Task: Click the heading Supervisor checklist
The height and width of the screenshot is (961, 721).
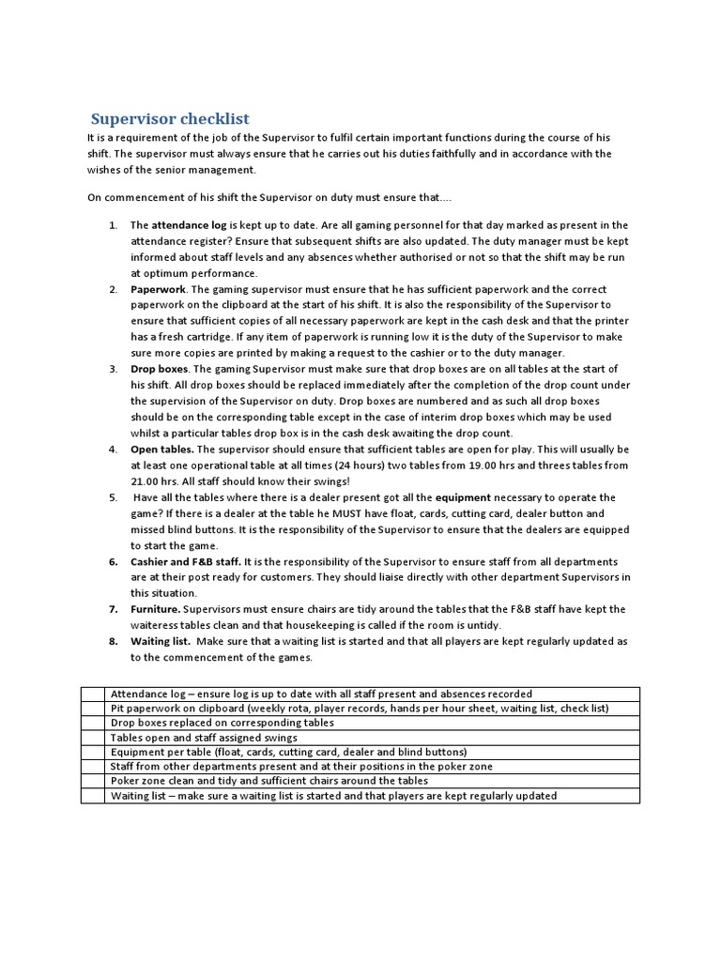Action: click(170, 118)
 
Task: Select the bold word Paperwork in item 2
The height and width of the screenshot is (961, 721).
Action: click(158, 289)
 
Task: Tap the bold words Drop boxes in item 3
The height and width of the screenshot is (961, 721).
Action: click(159, 369)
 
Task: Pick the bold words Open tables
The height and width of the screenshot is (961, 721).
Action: click(162, 449)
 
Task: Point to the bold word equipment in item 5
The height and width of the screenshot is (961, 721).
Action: click(460, 497)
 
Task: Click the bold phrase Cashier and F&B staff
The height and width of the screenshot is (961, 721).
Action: click(185, 561)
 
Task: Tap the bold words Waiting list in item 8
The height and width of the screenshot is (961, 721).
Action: click(161, 641)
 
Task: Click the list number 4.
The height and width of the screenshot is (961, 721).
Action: click(113, 449)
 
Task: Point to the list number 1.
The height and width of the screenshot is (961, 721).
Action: click(113, 225)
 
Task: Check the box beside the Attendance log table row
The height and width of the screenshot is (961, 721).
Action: click(93, 694)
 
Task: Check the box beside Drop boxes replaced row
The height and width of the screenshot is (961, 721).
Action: click(93, 723)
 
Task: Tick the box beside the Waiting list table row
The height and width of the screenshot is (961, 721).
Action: click(93, 796)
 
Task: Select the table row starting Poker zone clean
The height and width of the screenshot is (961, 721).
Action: click(268, 781)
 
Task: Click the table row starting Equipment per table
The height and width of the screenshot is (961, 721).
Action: click(288, 752)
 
